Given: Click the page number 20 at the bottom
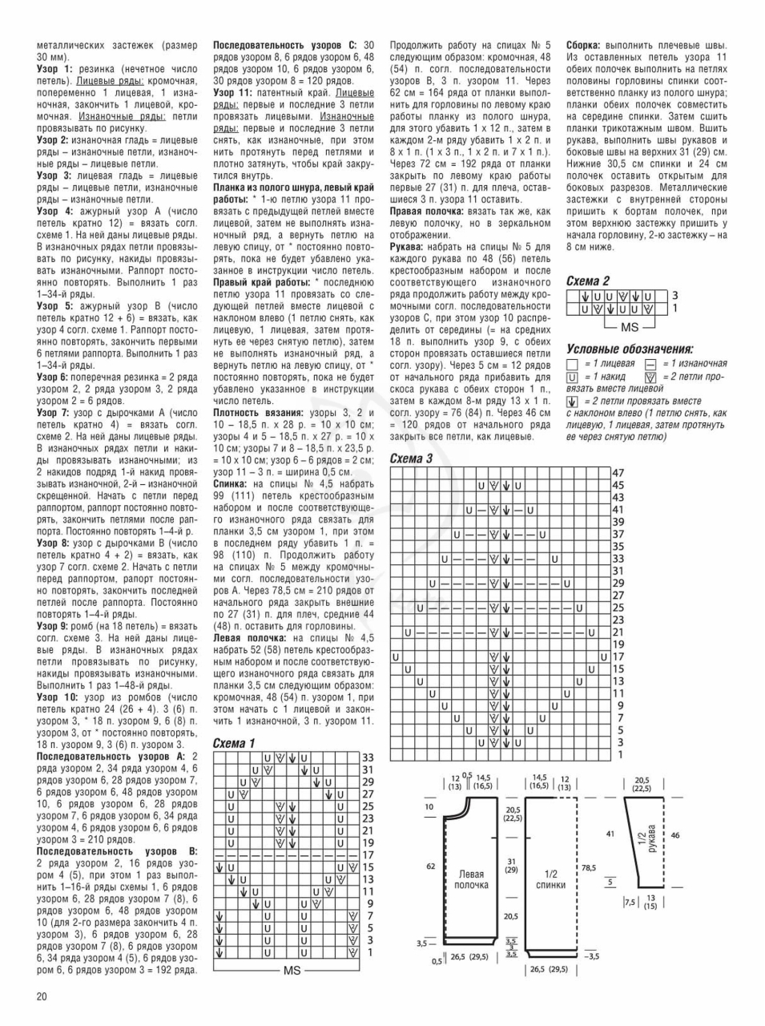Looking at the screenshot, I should pos(42,996).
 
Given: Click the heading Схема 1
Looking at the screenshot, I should pos(234,743).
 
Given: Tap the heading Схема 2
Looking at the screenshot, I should pos(588,281).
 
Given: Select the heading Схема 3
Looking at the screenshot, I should pos(411,458).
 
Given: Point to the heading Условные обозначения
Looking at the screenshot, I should pos(630,349).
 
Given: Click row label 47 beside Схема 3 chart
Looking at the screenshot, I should pos(618,473).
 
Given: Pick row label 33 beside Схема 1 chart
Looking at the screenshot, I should pos(368,757).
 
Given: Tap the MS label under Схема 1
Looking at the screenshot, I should pos(292,970).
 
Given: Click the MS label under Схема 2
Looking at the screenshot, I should pos(630,327).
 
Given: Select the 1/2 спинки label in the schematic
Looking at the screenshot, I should pos(551,879).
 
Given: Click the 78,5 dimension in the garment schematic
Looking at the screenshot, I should pos(589,867).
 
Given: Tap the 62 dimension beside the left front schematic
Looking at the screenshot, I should pos(430,866).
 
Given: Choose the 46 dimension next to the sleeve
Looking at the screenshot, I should pos(675,835).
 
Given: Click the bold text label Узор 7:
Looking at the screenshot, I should pos(54,412).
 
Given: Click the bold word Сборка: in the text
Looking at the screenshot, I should pos(585,46).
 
